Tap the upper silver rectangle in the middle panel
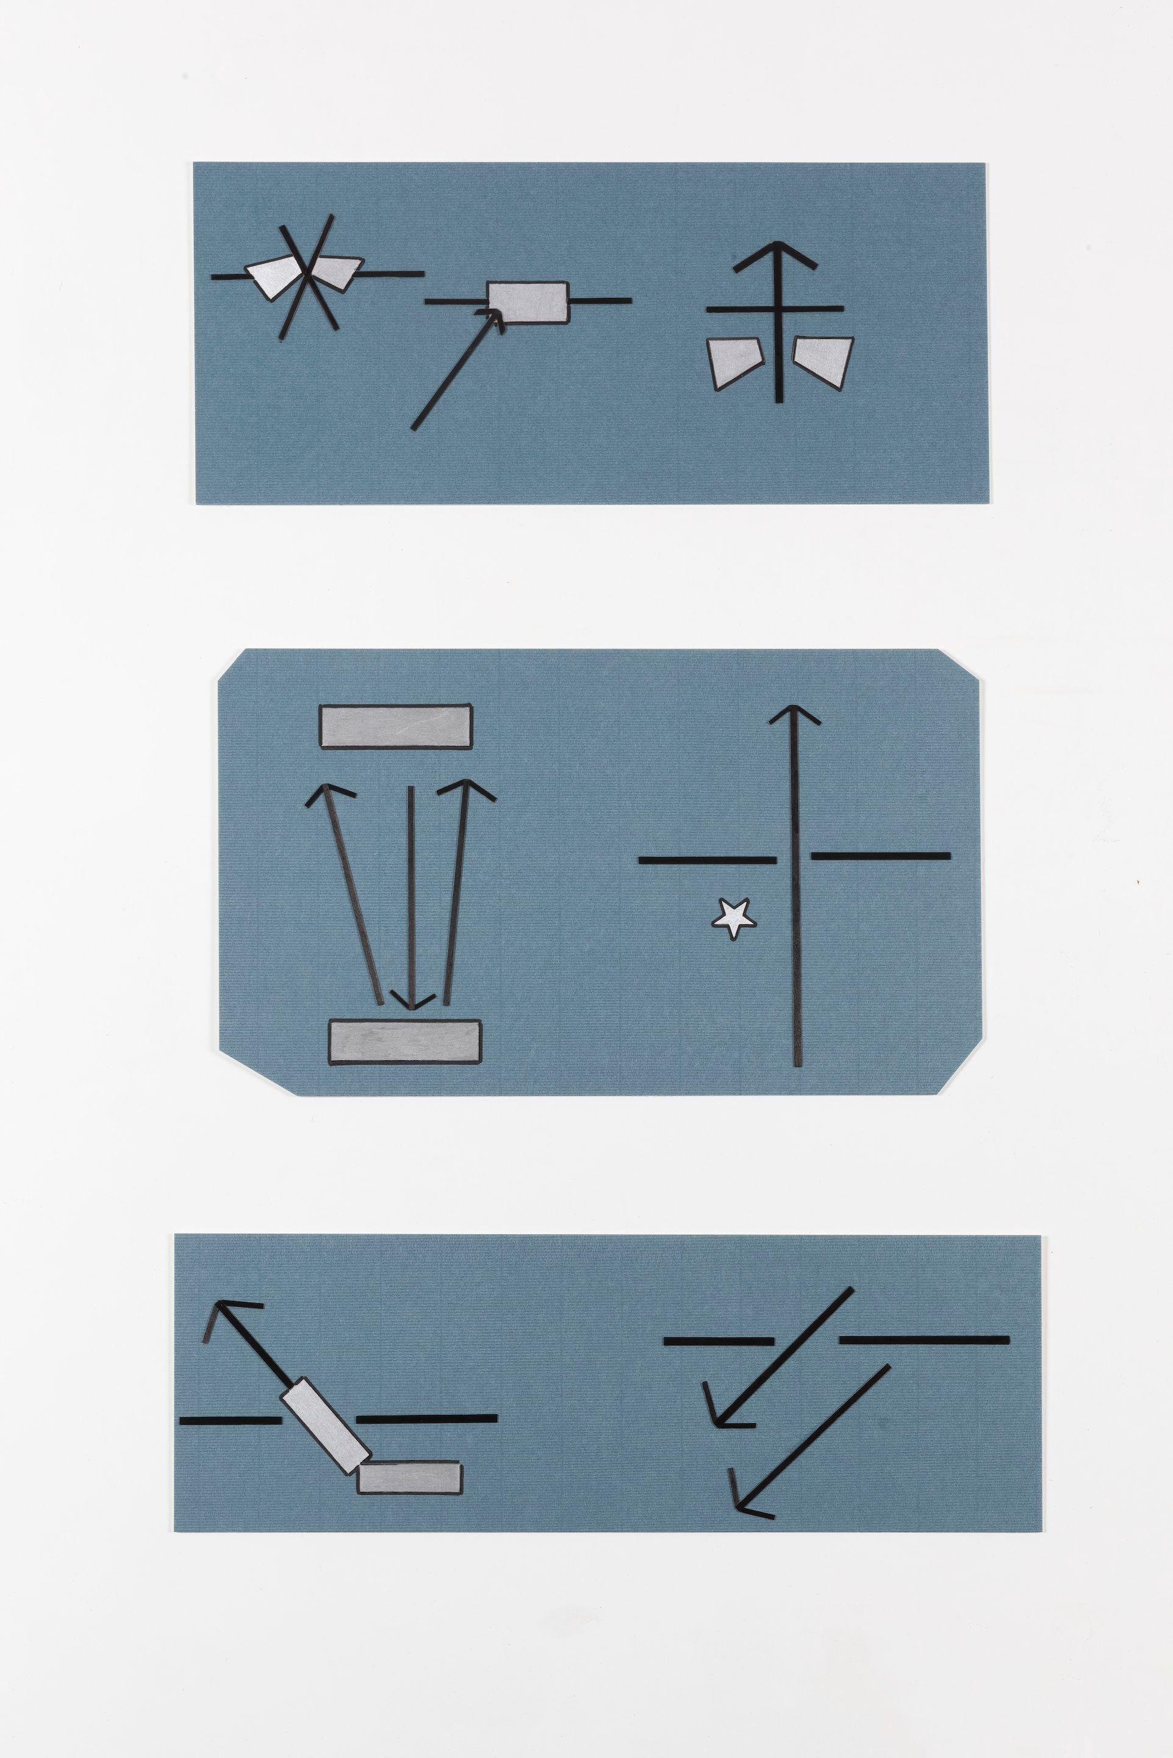tap(396, 726)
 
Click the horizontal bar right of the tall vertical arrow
tap(880, 855)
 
